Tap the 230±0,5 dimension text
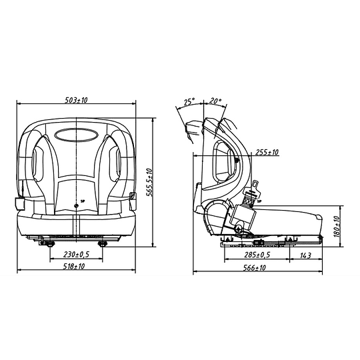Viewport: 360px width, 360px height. point(76,255)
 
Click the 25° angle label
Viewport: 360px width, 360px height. point(189,101)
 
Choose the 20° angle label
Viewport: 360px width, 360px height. point(215,101)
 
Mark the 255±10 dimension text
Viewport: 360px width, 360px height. point(267,153)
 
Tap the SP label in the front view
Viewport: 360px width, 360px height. point(82,199)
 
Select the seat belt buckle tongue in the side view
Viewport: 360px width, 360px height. point(254,188)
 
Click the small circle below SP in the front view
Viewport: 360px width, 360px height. point(76,206)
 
